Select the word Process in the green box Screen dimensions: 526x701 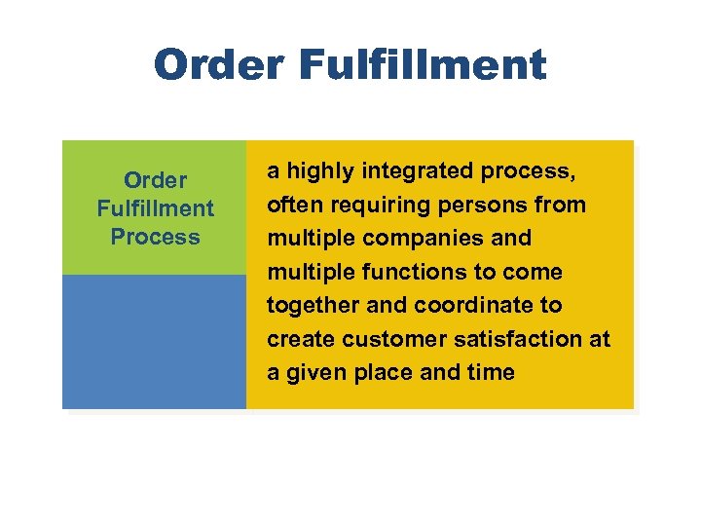coord(155,237)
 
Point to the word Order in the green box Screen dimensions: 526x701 coord(155,180)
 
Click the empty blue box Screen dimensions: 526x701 coord(154,341)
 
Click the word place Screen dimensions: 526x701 coord(379,372)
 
